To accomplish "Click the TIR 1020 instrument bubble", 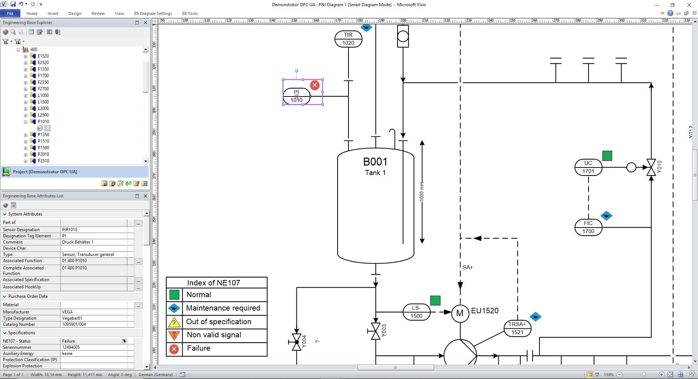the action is [348, 39].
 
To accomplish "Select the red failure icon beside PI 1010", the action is [315, 85].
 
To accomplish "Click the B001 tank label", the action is [375, 162].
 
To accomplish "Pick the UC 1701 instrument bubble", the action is [588, 167].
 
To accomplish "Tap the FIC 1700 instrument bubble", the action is [588, 227].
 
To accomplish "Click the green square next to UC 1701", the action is [607, 156].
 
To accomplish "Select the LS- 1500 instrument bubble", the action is [416, 312].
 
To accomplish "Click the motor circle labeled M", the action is [460, 313].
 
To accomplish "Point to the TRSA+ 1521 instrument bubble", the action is [517, 328].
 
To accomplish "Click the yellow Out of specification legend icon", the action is [174, 322].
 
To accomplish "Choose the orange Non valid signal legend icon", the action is [174, 335].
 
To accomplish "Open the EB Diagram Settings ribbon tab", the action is [153, 13].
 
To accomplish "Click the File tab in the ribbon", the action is [10, 13].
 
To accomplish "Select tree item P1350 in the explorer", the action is [43, 135].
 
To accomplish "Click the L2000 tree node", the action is [43, 108].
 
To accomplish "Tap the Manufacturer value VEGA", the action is [67, 312].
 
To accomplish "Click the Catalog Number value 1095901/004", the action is [74, 324].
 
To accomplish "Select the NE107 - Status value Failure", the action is [68, 341].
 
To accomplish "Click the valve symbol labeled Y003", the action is [375, 331].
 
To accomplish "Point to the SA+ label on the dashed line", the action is [468, 267].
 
